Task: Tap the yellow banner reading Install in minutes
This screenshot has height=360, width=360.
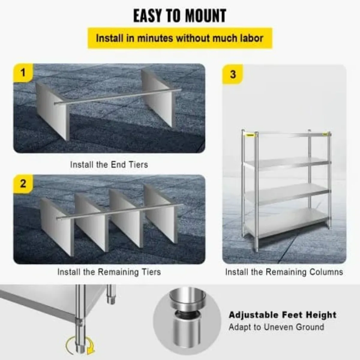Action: coord(180,38)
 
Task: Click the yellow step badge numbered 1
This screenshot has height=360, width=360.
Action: coord(23,72)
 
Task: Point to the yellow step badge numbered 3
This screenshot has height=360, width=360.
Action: coord(233,74)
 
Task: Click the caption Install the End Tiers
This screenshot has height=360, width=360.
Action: coord(109,165)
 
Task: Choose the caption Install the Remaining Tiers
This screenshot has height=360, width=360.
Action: coord(109,272)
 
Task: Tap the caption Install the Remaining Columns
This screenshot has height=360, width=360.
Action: coord(284,272)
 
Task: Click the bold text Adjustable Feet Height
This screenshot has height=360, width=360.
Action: coord(282,315)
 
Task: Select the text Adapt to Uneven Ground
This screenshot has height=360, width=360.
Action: coord(276,327)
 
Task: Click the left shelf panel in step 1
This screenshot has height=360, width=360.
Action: coord(52,111)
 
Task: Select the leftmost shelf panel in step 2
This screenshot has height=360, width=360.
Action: coord(57,226)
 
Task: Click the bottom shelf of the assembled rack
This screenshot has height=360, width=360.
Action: coord(285,222)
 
